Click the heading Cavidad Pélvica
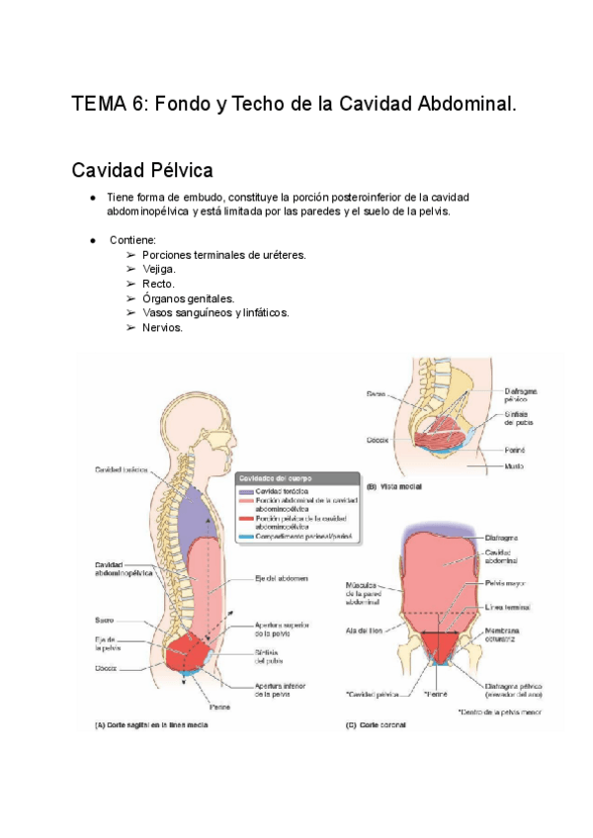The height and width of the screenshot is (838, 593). (142, 170)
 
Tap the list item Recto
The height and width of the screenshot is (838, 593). (158, 284)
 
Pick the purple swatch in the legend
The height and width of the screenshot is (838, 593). (243, 490)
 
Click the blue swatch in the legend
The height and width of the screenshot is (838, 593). (243, 536)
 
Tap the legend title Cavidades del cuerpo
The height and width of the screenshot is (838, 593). (273, 476)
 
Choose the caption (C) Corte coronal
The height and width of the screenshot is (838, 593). (376, 724)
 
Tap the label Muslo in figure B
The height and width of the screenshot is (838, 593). (515, 465)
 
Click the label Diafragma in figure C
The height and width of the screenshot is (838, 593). (504, 538)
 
